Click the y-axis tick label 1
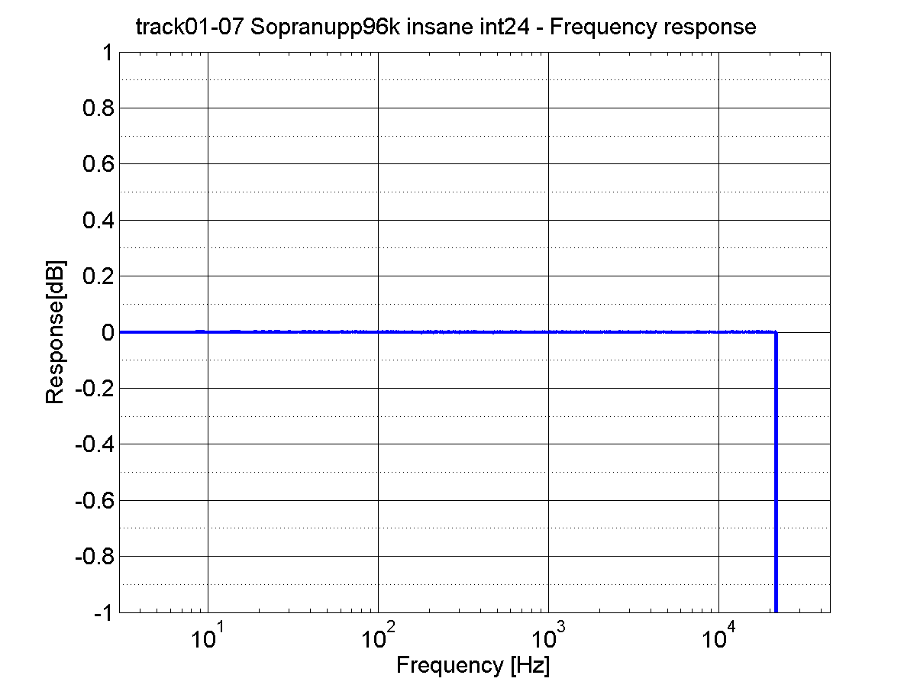(x=105, y=53)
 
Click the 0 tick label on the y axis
(x=105, y=333)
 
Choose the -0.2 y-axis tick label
(x=93, y=389)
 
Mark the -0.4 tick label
(x=93, y=444)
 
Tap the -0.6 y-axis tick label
(x=93, y=500)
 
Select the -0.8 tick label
(x=93, y=557)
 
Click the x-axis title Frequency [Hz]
(x=473, y=665)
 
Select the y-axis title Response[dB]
(x=55, y=333)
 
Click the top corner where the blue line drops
(x=776, y=333)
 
